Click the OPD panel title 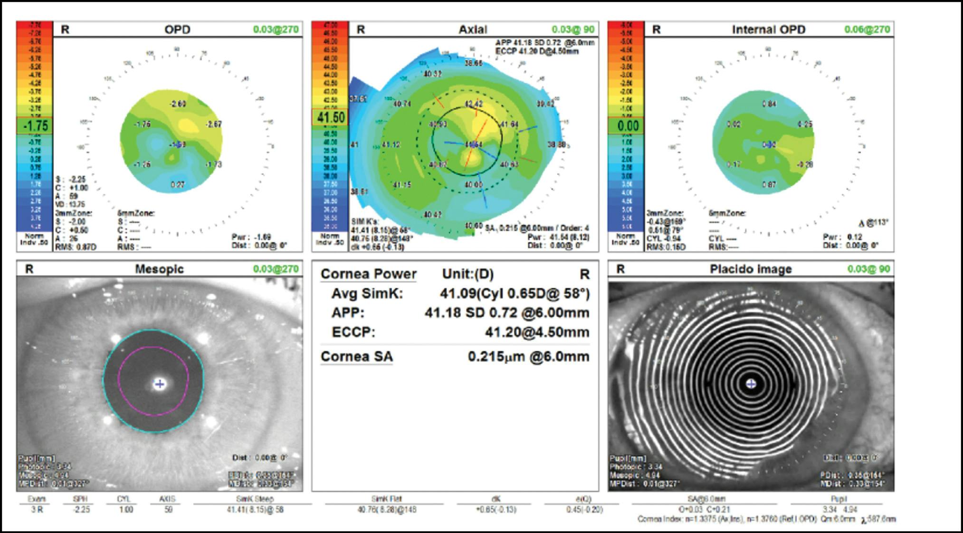pos(177,29)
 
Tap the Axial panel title pos(473,29)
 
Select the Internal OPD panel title pos(768,29)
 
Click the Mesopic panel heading pos(159,269)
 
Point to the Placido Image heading pos(751,269)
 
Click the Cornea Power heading pos(368,274)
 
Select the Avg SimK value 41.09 pos(458,294)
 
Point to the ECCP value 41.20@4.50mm pos(537,332)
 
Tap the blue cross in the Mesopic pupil pos(160,384)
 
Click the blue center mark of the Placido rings pos(751,383)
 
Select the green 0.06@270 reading pos(867,29)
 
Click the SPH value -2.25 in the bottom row pos(81,510)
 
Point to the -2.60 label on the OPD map pos(178,104)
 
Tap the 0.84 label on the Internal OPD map pos(769,104)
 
